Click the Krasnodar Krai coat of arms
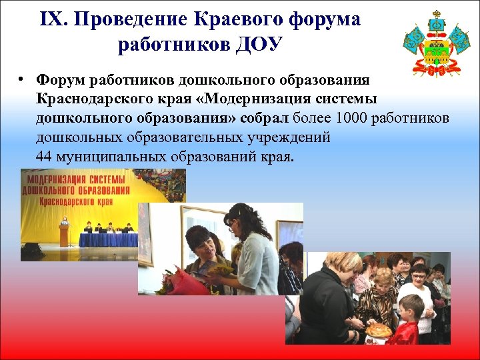click(x=437, y=43)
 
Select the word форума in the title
click(x=326, y=19)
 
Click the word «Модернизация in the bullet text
click(x=246, y=99)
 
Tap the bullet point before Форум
click(x=23, y=80)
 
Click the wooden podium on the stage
click(x=64, y=234)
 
